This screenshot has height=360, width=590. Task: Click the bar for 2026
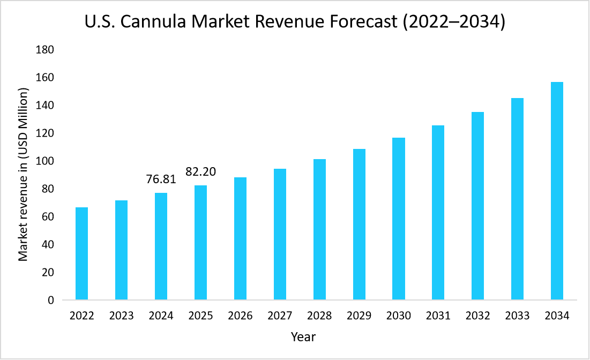coord(240,238)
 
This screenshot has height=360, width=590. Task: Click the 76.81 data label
coord(161,179)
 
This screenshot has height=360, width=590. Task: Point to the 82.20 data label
coord(200,172)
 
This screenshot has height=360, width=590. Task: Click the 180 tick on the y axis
coord(45,50)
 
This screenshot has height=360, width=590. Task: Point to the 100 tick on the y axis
coord(45,161)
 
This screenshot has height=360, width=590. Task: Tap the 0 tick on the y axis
coord(51,301)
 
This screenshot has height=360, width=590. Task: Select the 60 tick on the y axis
coord(48,217)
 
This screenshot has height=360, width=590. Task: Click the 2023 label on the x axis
coord(121,316)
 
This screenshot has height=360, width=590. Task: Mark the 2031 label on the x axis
coord(438,316)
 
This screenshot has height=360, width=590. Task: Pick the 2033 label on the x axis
coord(517,316)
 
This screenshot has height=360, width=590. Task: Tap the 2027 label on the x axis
coord(280,316)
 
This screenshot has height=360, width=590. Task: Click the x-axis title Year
coord(303,337)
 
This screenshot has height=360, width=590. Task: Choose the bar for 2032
coord(477,206)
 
